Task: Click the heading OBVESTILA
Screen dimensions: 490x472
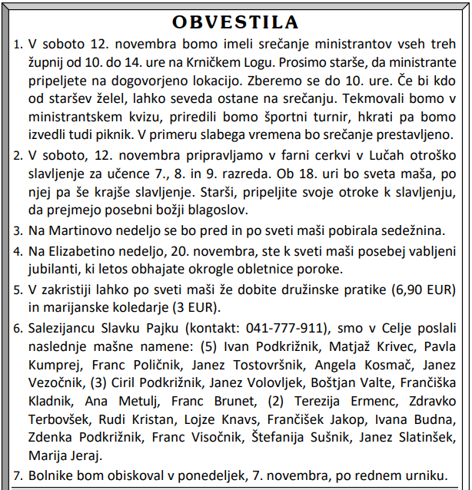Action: [x=236, y=21]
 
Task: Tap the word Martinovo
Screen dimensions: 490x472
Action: [x=78, y=231]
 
